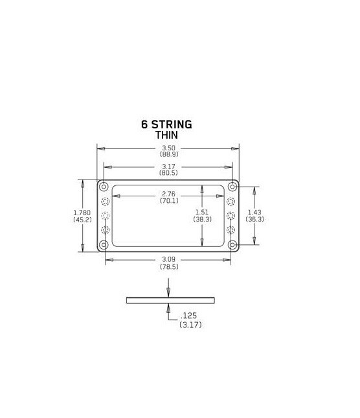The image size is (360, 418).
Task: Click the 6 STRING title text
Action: coord(166,124)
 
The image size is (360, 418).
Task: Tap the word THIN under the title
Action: coord(166,135)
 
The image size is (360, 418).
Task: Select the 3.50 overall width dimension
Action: coord(169,148)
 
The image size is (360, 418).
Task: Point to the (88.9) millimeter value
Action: coord(169,154)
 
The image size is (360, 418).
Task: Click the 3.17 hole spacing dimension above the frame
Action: coord(169,167)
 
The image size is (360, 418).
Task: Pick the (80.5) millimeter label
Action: coord(168,173)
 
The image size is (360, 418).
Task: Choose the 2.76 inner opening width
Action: coord(169,194)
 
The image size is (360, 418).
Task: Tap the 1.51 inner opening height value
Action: coord(202,212)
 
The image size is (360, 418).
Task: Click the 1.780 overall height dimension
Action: coord(82,213)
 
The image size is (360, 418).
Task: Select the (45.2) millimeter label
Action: coord(82,220)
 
